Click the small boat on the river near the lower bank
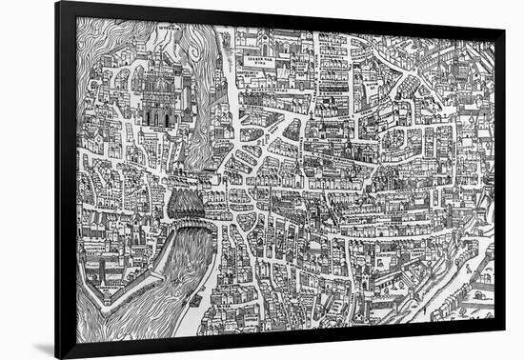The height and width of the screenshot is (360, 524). (195, 301)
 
